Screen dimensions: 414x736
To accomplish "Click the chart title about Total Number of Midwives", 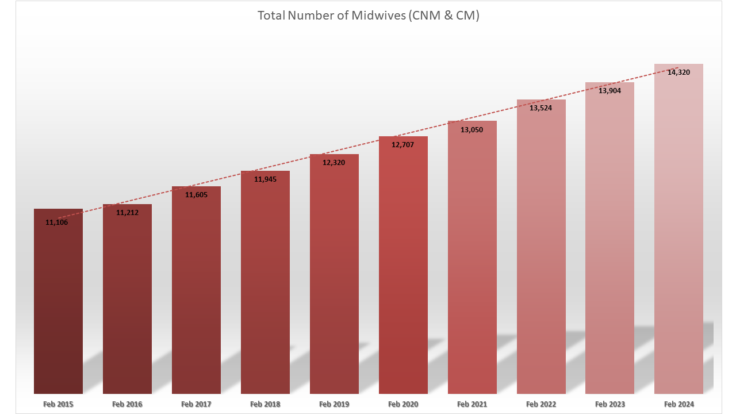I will point(368,16).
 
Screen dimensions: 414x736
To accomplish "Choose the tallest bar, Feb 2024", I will point(678,230).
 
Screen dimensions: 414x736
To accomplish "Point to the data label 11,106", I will point(56,223).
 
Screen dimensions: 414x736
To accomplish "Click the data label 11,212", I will point(127,213).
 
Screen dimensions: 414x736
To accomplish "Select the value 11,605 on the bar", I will point(196,195).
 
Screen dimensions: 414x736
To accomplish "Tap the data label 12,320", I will point(333,162).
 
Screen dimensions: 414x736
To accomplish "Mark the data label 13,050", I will point(471,130).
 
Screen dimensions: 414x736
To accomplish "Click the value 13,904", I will point(609,91).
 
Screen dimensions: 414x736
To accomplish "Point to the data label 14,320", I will point(678,72).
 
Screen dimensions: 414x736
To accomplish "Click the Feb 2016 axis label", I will point(127,404).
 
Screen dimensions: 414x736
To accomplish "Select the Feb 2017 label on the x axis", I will point(196,404).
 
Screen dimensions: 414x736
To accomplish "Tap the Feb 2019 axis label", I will point(334,404).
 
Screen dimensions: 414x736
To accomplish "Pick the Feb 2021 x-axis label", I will point(472,404).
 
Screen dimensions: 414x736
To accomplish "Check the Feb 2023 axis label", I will point(610,404).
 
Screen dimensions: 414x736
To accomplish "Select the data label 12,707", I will point(402,145).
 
